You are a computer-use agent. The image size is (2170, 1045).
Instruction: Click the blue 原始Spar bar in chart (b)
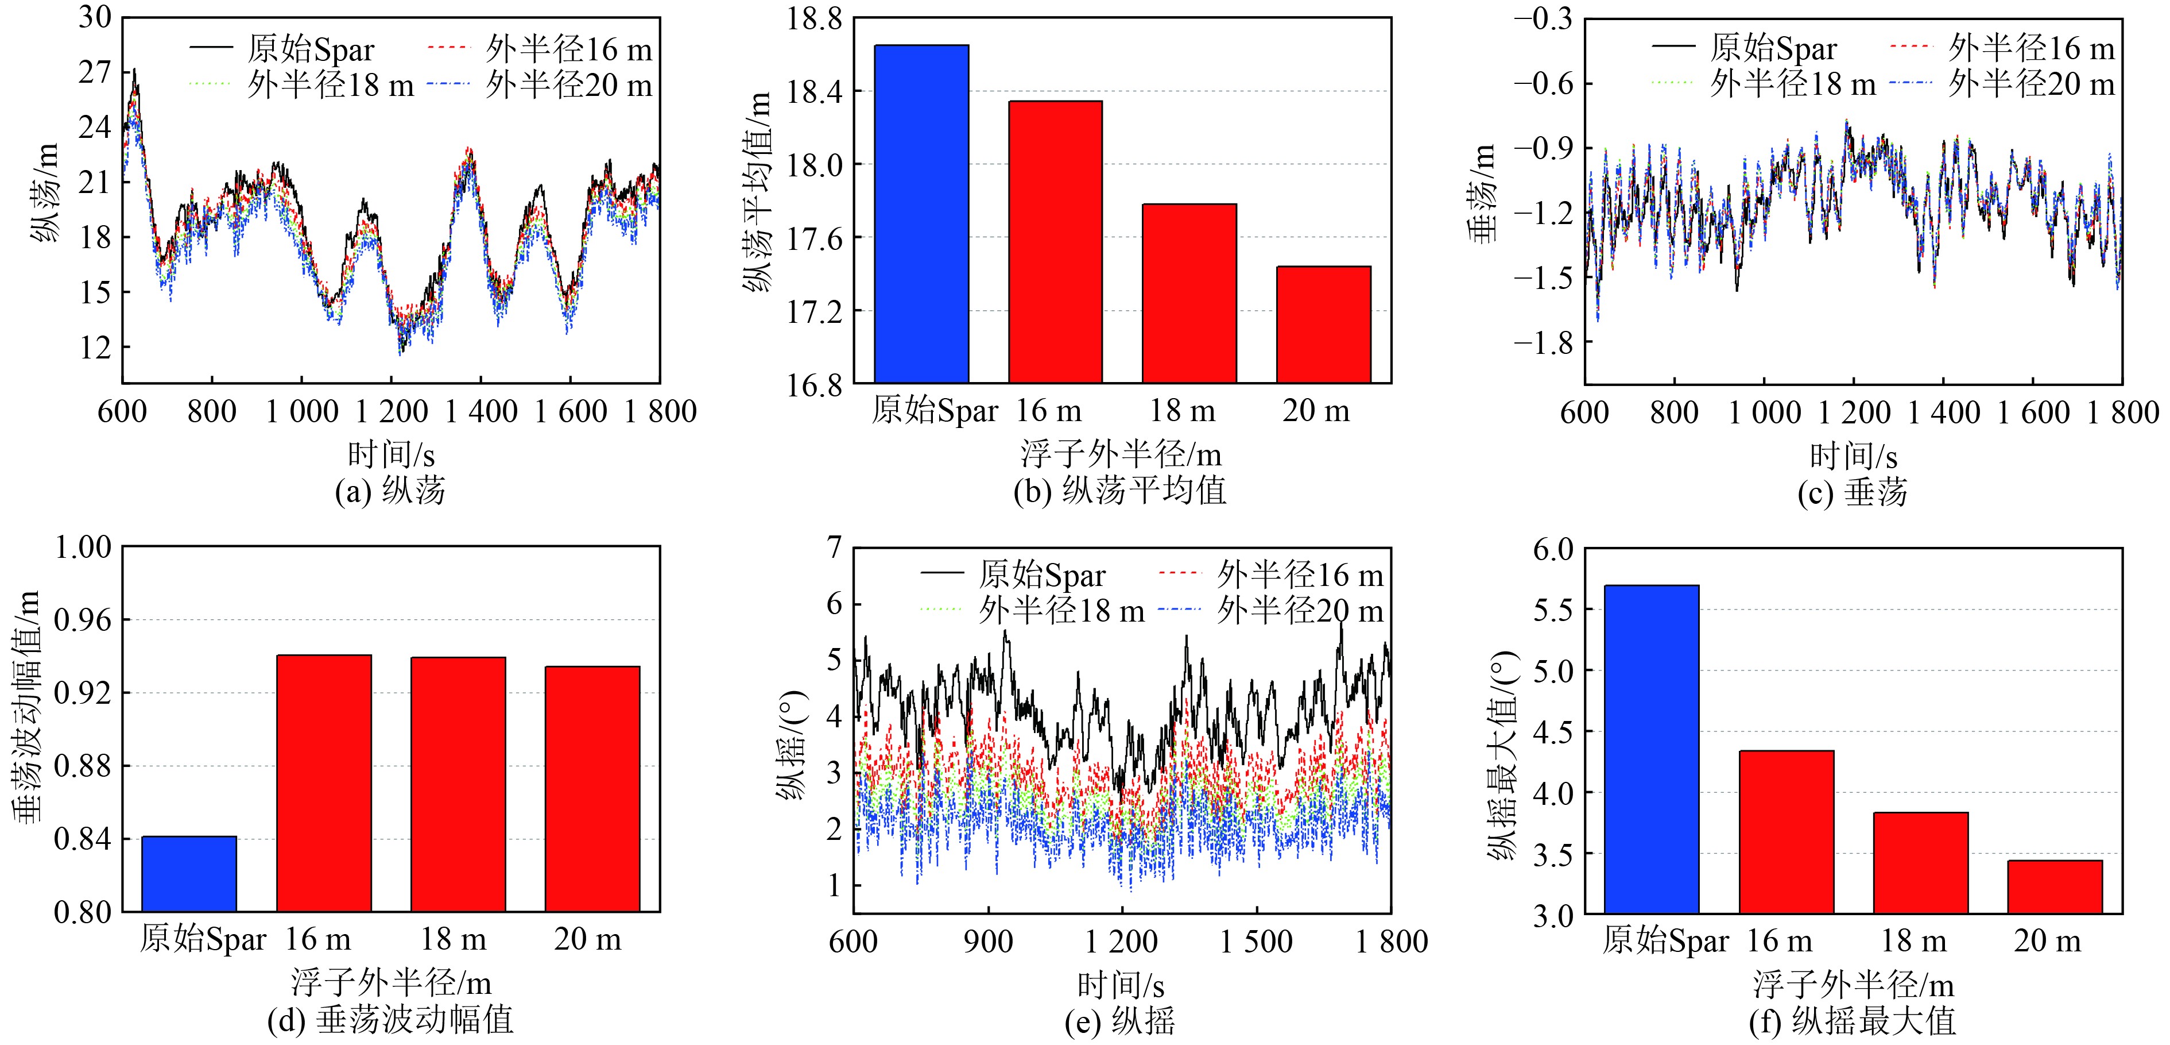[921, 214]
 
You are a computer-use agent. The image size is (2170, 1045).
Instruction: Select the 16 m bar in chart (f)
[1786, 832]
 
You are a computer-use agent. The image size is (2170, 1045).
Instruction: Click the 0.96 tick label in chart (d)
[83, 620]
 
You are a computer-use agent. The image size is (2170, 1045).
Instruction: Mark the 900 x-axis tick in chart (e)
[987, 942]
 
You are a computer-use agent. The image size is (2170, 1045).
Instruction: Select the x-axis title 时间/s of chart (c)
[1853, 457]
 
